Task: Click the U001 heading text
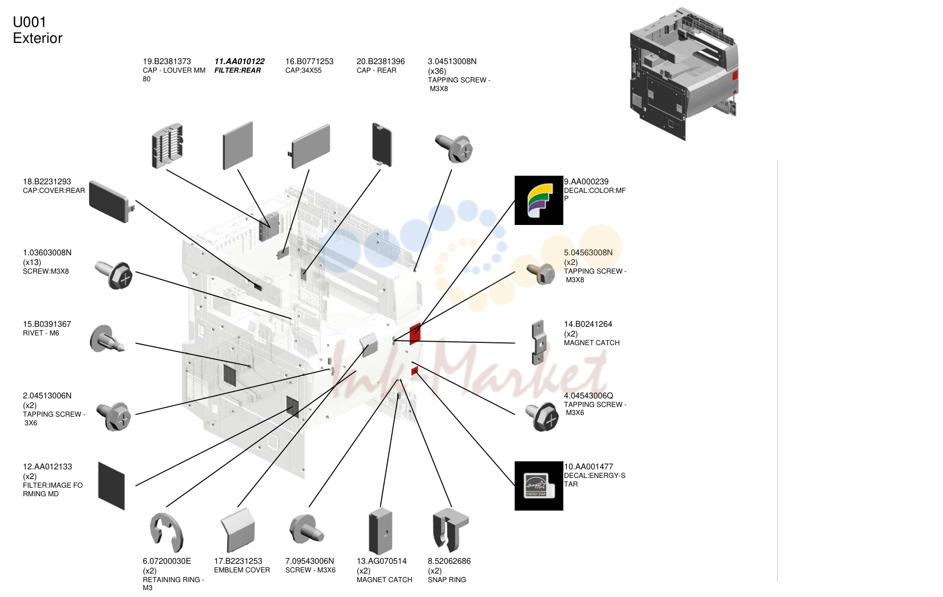click(x=29, y=22)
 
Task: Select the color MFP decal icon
click(x=539, y=200)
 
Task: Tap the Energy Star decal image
click(x=539, y=486)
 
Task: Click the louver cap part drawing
click(x=168, y=146)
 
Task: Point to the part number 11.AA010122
click(x=239, y=61)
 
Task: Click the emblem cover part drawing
click(x=238, y=530)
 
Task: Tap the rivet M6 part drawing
click(x=106, y=339)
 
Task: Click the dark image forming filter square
click(x=112, y=486)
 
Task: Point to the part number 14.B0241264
click(x=588, y=325)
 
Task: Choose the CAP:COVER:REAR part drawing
click(x=111, y=201)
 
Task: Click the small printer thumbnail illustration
click(x=684, y=74)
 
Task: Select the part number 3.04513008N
click(x=452, y=61)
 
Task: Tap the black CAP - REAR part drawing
click(x=382, y=144)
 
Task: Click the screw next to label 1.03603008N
click(x=114, y=275)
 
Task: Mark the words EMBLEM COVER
click(x=242, y=570)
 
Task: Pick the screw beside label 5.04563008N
click(x=541, y=273)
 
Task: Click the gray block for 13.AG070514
click(x=380, y=531)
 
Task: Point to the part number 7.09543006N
click(x=309, y=561)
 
